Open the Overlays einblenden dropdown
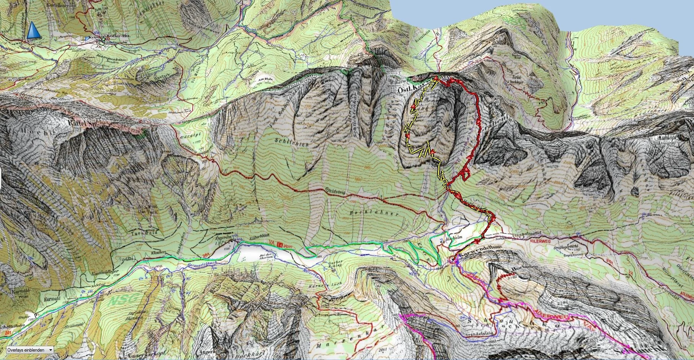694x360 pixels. (28, 350)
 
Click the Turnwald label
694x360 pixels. (139, 233)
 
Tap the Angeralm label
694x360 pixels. (220, 237)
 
